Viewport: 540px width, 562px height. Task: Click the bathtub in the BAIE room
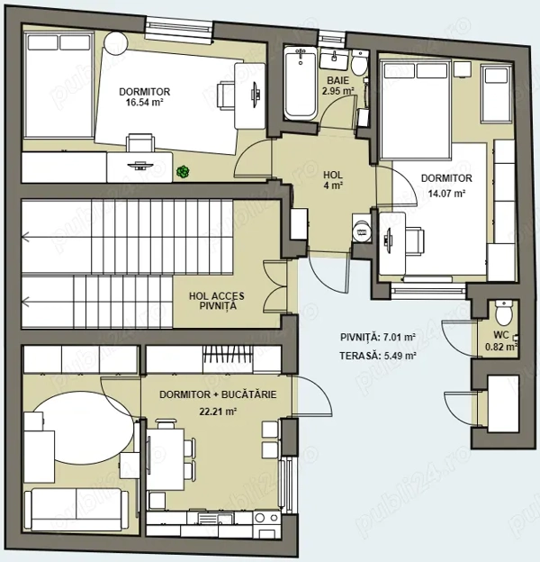click(300, 84)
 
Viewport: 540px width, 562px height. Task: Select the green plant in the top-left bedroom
click(183, 172)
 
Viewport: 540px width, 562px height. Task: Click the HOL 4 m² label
click(333, 180)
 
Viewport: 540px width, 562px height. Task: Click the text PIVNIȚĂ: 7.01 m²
click(378, 337)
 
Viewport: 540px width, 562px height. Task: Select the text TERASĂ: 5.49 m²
click(378, 356)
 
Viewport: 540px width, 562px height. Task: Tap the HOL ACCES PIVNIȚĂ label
click(217, 301)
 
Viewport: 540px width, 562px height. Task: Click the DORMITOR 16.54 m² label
click(144, 97)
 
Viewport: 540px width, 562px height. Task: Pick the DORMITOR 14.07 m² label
click(446, 186)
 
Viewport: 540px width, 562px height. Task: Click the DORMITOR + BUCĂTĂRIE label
click(218, 394)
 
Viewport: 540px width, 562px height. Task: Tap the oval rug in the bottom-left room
click(83, 427)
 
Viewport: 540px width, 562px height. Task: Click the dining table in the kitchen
click(166, 459)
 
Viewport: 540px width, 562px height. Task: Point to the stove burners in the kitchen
click(266, 518)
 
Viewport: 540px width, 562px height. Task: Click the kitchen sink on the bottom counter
click(216, 518)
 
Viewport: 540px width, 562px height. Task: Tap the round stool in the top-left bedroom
click(115, 43)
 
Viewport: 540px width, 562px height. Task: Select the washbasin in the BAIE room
click(334, 59)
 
